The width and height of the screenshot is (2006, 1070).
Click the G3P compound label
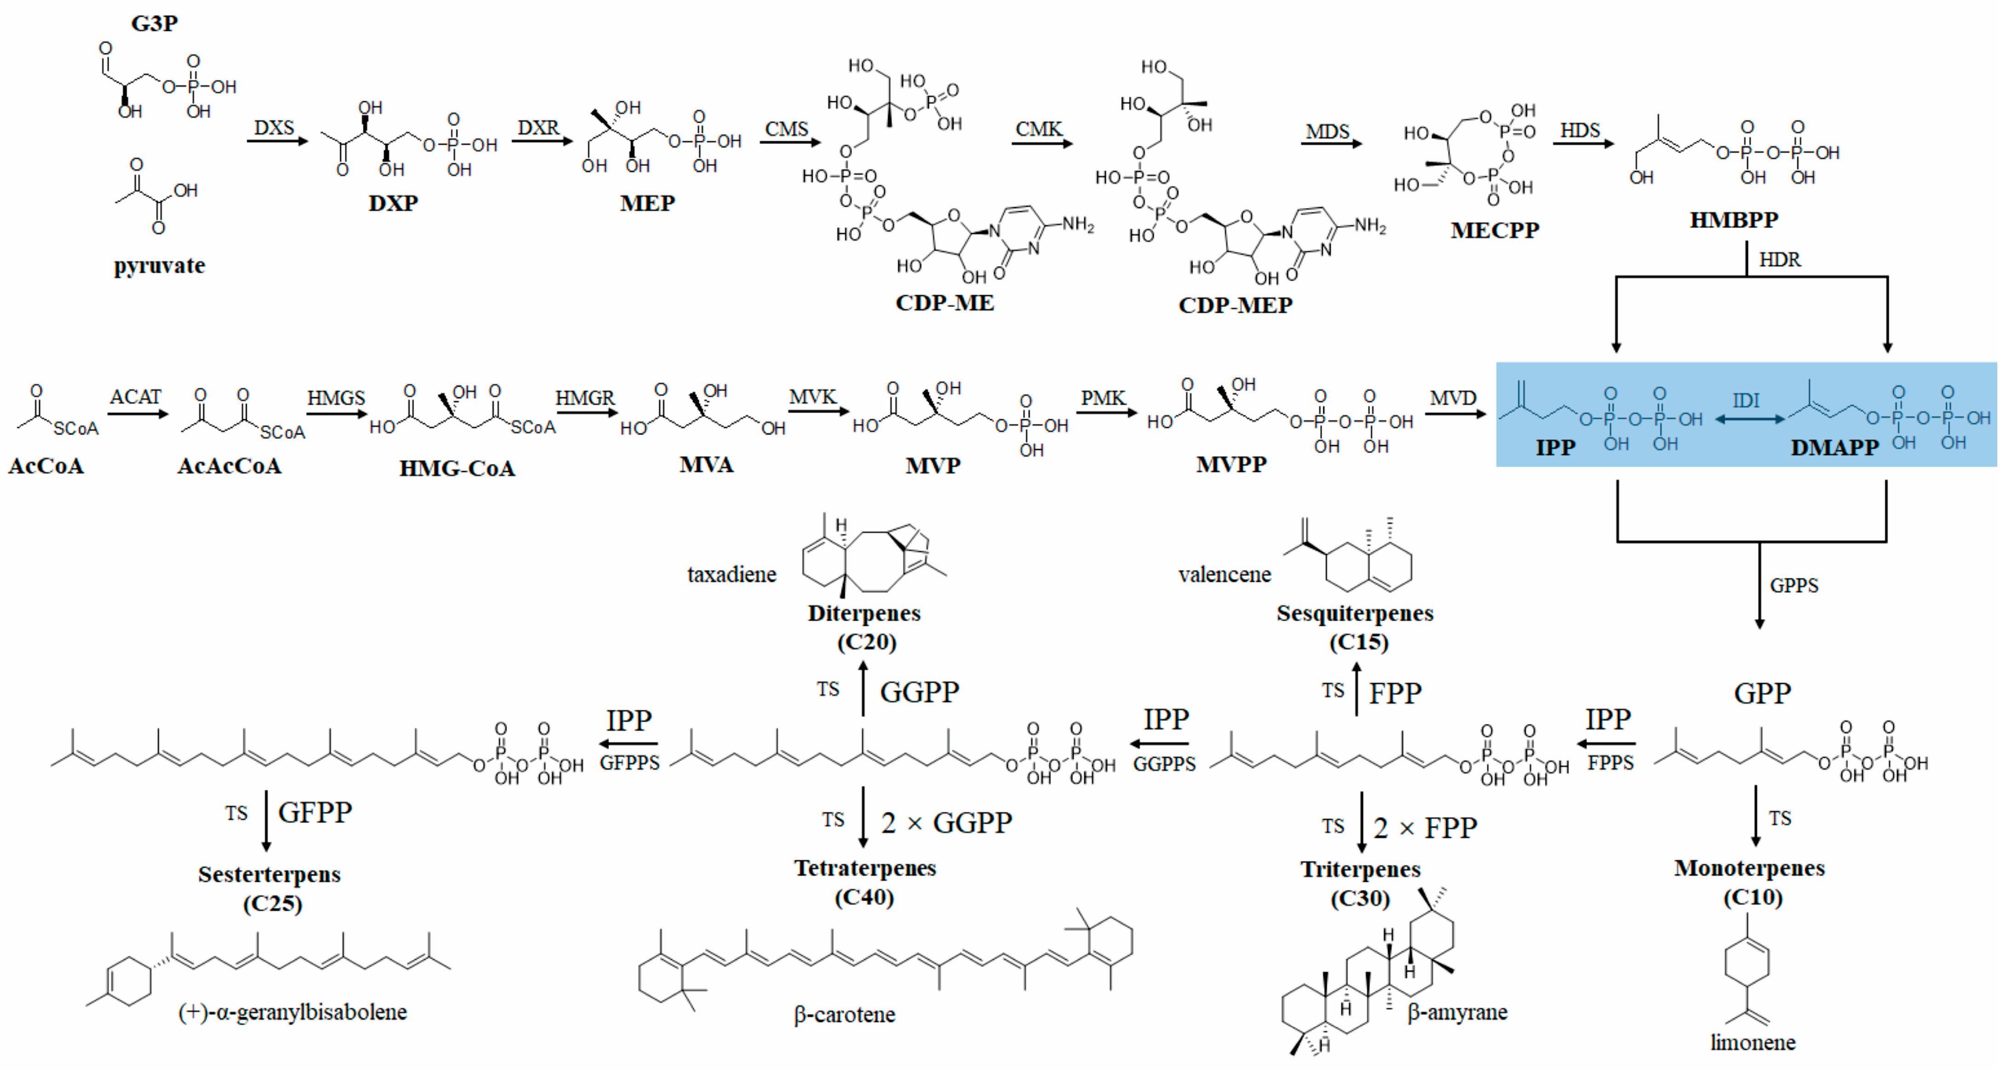click(154, 23)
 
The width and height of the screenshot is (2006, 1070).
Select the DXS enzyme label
click(274, 127)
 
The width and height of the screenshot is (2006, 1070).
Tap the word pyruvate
click(160, 266)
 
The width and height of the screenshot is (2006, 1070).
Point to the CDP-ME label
click(945, 303)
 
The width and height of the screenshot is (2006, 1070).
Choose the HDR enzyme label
click(1779, 259)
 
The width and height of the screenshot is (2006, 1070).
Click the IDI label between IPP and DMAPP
click(1746, 400)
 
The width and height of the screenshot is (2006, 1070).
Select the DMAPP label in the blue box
click(1835, 448)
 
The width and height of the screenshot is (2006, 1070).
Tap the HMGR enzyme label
click(585, 398)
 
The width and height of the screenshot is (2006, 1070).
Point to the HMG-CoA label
click(457, 468)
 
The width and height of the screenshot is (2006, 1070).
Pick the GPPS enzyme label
click(1794, 586)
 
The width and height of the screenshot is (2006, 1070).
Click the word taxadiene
click(731, 575)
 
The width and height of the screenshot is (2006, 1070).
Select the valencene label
click(1224, 575)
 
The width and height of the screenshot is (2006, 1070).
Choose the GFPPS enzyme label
click(629, 763)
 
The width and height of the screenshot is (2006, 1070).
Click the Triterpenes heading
click(1361, 869)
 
